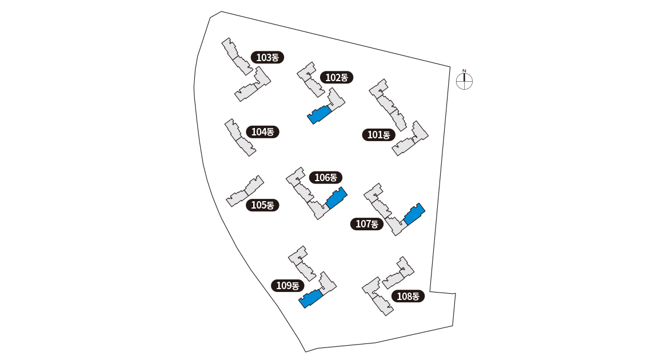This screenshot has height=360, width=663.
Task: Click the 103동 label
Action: point(267,57)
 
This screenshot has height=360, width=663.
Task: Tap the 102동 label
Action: point(337,77)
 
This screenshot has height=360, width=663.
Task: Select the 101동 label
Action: point(378,135)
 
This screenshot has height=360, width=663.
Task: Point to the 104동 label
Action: point(263,131)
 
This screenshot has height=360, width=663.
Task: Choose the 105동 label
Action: point(263,205)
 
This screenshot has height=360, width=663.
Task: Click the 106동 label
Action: point(326,178)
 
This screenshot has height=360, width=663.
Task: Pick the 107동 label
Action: point(367,224)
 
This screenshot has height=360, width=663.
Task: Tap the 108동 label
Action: point(408,296)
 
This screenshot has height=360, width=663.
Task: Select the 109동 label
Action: point(287,286)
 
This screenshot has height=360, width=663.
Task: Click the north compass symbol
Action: point(464,82)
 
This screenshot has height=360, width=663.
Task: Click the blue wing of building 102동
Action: point(319,114)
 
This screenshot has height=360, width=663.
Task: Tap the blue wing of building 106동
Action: point(337,197)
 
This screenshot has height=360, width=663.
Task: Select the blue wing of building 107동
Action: point(414,214)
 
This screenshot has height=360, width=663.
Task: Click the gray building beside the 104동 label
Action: point(239,138)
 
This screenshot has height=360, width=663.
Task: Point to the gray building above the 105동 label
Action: point(245,191)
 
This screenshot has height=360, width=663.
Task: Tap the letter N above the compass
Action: point(464,71)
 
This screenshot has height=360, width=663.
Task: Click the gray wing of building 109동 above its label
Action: point(302,263)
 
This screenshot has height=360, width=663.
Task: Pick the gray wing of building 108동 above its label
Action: point(399,273)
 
